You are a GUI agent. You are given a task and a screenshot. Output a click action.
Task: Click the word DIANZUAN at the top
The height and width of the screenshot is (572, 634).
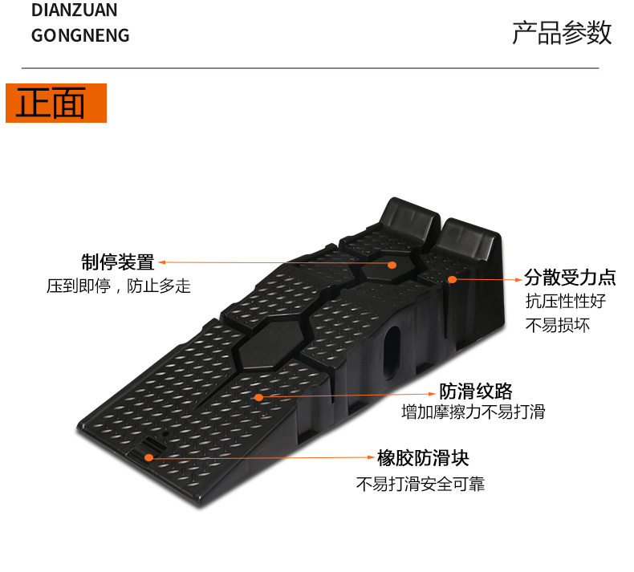pyautogui.click(x=74, y=10)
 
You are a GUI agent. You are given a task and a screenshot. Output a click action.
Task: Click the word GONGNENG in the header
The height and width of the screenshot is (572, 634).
pyautogui.click(x=80, y=36)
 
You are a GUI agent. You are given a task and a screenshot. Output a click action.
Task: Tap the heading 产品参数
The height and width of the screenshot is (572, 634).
pyautogui.click(x=562, y=33)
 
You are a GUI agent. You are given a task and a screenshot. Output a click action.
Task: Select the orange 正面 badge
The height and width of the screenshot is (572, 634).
pyautogui.click(x=56, y=103)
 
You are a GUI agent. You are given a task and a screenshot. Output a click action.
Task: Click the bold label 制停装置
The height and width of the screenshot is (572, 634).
pyautogui.click(x=117, y=262)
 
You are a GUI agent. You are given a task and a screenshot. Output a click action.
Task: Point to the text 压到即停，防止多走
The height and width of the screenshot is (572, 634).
pyautogui.click(x=119, y=286)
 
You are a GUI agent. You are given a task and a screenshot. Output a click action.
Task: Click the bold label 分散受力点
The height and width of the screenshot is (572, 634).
pyautogui.click(x=570, y=278)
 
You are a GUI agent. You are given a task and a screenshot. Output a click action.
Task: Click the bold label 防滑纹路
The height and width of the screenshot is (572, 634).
pyautogui.click(x=476, y=391)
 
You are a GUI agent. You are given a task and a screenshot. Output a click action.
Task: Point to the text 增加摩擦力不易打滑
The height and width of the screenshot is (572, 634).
pyautogui.click(x=473, y=412)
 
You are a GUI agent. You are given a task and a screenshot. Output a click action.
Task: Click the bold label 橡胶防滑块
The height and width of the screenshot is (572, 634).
pyautogui.click(x=423, y=458)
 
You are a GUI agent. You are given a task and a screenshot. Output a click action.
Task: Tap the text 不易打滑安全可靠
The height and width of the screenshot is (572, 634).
pyautogui.click(x=421, y=484)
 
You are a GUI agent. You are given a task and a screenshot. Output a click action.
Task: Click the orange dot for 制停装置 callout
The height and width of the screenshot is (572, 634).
pyautogui.click(x=392, y=264)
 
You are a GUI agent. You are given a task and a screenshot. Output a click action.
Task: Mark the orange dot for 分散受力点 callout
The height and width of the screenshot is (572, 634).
pyautogui.click(x=452, y=279)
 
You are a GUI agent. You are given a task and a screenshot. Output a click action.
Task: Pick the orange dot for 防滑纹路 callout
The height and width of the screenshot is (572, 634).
pyautogui.click(x=258, y=396)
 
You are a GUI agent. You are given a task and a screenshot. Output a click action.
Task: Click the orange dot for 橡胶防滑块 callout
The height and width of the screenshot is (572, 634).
pyautogui.click(x=149, y=457)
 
